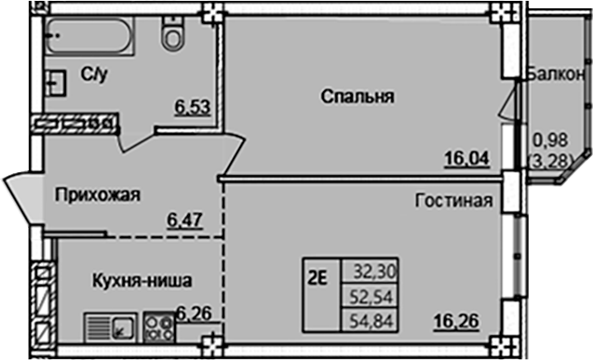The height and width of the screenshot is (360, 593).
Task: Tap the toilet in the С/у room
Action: click(172, 33)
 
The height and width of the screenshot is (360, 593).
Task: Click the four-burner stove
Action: click(160, 326)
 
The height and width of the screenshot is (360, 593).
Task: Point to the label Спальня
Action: click(359, 96)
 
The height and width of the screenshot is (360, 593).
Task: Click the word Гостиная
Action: click(454, 200)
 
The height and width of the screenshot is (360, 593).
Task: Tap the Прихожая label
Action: click(97, 194)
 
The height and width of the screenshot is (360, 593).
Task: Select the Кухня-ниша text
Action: click(142, 278)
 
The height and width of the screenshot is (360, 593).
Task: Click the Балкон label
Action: click(555, 74)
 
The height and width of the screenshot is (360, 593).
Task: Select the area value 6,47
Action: click(184, 220)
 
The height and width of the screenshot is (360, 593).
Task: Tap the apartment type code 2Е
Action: click(318, 274)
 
